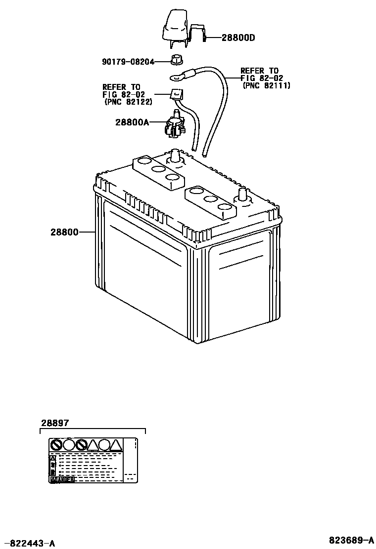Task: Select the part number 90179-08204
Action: (128, 62)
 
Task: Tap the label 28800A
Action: (132, 122)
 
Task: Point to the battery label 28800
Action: (64, 232)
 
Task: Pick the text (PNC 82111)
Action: (267, 85)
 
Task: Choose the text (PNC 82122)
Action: (128, 102)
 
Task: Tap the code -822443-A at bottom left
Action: (29, 544)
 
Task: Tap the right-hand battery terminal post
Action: (243, 194)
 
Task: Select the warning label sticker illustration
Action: (93, 460)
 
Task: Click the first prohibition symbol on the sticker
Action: (56, 445)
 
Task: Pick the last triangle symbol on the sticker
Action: (115, 445)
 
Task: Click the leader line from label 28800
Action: (87, 232)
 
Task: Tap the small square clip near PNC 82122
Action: (175, 93)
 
